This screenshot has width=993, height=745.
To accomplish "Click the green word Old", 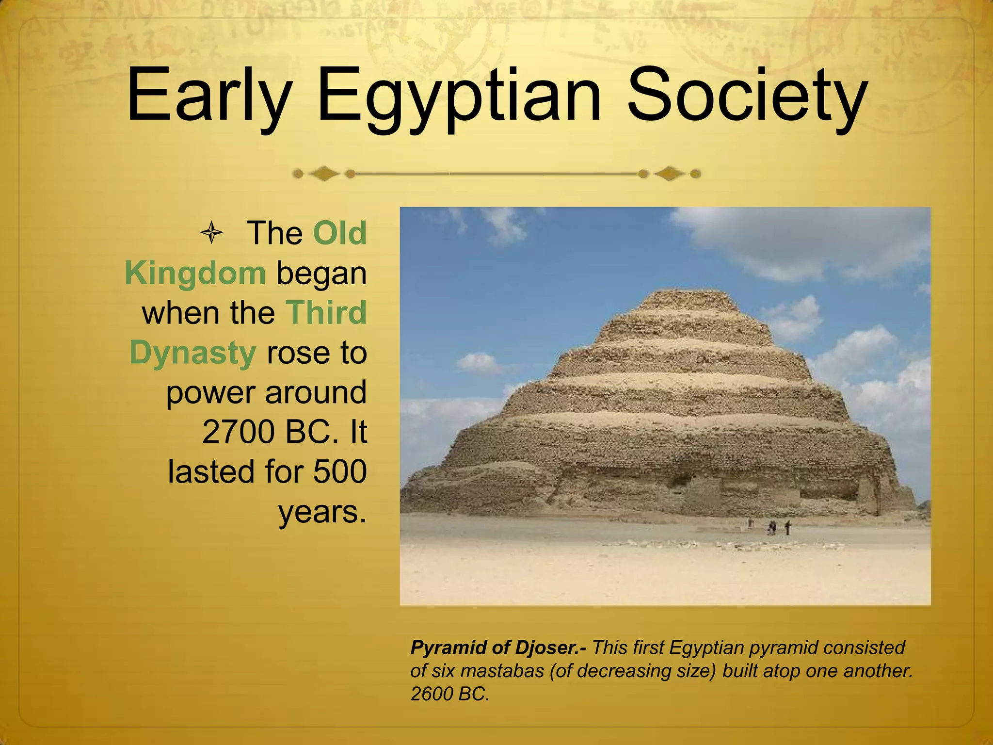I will [339, 233].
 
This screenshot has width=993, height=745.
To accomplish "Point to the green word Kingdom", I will [195, 273].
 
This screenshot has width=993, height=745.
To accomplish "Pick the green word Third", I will [326, 313].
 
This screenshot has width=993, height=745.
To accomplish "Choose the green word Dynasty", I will [192, 353].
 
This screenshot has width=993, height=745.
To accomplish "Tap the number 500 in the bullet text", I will [340, 471].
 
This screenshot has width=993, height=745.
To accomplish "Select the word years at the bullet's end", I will [322, 511].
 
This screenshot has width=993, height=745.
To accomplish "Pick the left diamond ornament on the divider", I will [324, 174].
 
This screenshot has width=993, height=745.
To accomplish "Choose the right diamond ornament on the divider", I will [670, 174].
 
